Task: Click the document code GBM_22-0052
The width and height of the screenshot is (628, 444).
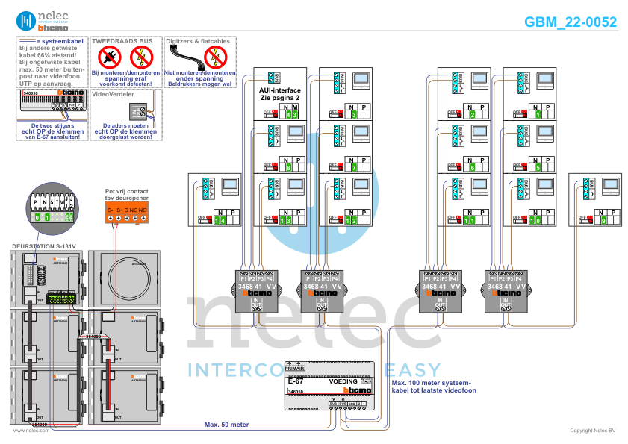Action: pos(571,22)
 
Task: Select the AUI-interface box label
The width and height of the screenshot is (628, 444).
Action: pos(279,93)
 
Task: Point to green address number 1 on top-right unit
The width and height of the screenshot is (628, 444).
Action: pos(538,113)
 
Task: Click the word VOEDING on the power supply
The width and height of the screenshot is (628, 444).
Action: pos(343,381)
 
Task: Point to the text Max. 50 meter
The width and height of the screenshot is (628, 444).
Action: pos(226,424)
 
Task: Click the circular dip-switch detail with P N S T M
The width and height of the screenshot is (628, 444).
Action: pos(49,204)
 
